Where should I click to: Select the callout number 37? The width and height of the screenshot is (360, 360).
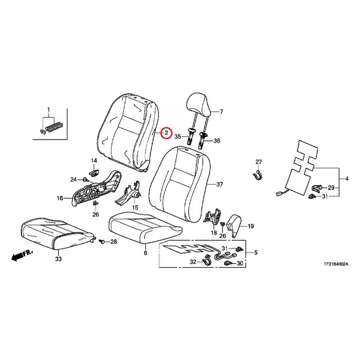pyautogui.click(x=220, y=184)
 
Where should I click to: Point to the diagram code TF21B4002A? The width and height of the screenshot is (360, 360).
pyautogui.click(x=336, y=264)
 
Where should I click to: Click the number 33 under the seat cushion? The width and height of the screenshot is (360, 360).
pyautogui.click(x=58, y=259)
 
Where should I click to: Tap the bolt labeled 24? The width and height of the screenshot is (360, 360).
pyautogui.click(x=85, y=179)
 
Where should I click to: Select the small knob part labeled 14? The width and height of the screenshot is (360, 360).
pyautogui.click(x=94, y=173)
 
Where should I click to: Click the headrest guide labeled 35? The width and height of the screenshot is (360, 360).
pyautogui.click(x=191, y=136)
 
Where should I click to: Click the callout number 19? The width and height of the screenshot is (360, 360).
pyautogui.click(x=251, y=226)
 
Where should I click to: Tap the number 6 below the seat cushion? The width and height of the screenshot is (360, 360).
pyautogui.click(x=145, y=253)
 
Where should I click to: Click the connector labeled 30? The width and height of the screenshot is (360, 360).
pyautogui.click(x=229, y=263)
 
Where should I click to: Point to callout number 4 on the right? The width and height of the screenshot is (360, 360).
pyautogui.click(x=346, y=178)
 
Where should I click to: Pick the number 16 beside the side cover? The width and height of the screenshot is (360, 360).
pyautogui.click(x=60, y=198)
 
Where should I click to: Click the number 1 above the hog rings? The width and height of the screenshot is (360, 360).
pyautogui.click(x=49, y=110)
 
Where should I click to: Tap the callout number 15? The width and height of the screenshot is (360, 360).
pyautogui.click(x=135, y=207)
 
